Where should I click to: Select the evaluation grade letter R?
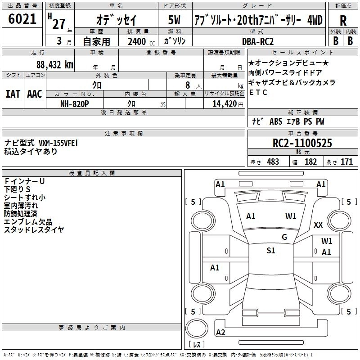coord(343,21)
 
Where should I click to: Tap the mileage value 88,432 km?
coord(54,65)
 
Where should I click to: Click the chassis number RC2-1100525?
coord(302,144)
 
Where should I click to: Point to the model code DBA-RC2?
coord(258,41)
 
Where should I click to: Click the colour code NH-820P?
coord(75,103)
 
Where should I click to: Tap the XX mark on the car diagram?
coord(318,225)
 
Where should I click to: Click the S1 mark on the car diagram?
coord(270,251)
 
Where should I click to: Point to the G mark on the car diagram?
coord(284,237)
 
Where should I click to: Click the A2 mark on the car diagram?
coord(220,333)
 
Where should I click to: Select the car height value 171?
coord(346,162)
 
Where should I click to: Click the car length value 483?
coord(273,162)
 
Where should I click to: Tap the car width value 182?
coord(310,162)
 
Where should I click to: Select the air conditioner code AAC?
coord(35,94)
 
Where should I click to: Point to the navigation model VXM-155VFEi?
coord(58,143)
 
